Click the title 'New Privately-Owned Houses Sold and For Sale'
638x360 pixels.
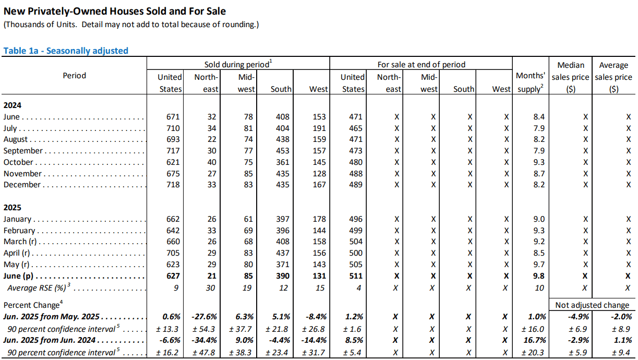point(114,11)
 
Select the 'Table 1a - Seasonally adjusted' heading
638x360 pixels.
point(66,51)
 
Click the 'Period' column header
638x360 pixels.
point(75,76)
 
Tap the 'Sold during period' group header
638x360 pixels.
point(238,64)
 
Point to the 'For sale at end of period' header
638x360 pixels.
point(422,65)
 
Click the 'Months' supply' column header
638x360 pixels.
point(531,82)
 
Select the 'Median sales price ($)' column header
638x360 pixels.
point(571,77)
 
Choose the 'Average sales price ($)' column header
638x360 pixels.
point(613,77)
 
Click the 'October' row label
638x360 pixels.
point(18,162)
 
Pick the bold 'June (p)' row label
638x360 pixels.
point(18,276)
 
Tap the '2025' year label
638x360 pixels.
point(12,207)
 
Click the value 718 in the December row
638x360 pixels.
point(173,185)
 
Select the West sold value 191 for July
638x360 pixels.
point(319,128)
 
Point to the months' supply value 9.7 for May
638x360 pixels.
point(539,265)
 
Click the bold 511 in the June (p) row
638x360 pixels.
point(356,276)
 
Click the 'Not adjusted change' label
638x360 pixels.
point(592,305)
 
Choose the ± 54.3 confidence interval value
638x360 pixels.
point(203,329)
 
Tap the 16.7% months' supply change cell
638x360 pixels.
point(535,340)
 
